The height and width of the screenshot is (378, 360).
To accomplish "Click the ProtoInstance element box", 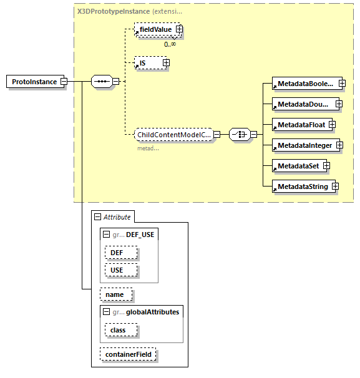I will click(x=34, y=82).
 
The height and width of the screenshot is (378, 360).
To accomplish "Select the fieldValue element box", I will click(x=155, y=29).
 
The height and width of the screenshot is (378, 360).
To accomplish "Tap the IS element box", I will click(x=147, y=62).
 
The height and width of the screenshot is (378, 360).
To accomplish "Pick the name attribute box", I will click(x=115, y=294).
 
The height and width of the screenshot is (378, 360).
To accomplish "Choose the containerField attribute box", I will click(x=129, y=354).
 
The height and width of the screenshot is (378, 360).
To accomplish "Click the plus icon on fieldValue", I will click(x=179, y=29).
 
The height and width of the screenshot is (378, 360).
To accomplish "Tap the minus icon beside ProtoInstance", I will click(x=64, y=82).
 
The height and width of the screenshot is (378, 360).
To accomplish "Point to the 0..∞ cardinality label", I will click(x=170, y=44).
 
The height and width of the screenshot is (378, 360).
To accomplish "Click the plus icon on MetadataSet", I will click(x=326, y=166).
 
